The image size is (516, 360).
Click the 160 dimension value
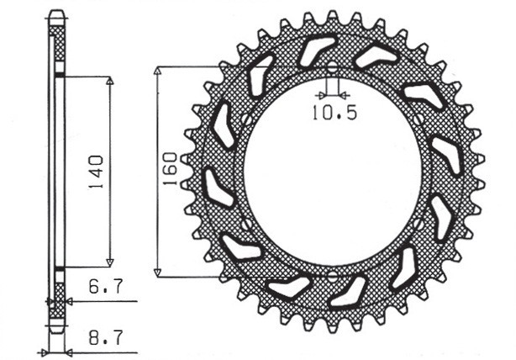(169, 171)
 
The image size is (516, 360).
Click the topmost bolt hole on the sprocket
(333, 68)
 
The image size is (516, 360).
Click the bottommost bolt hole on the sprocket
(333, 275)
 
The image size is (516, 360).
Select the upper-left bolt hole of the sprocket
(245, 119)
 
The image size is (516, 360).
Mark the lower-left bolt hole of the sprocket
(245, 224)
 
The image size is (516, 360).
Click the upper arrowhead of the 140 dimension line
(109, 82)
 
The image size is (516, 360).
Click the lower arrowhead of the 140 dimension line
(109, 262)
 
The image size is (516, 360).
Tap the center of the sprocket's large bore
(333, 172)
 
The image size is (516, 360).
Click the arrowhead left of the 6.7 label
(71, 300)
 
